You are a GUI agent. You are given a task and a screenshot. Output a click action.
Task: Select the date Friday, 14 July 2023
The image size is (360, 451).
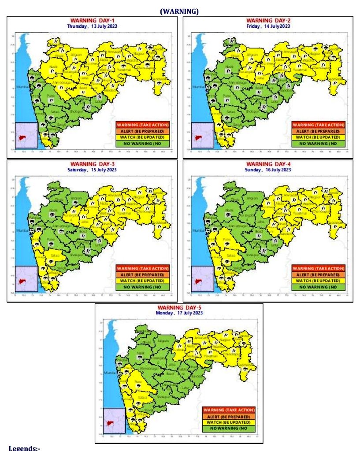click(268, 26)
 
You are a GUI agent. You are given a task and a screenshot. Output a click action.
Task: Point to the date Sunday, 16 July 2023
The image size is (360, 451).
click(268, 170)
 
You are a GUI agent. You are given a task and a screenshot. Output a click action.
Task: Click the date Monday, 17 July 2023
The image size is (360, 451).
click(179, 313)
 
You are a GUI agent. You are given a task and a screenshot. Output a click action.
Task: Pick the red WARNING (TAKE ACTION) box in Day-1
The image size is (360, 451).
click(142, 125)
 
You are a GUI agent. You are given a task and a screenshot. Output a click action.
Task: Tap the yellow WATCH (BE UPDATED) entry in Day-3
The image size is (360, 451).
click(142, 281)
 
